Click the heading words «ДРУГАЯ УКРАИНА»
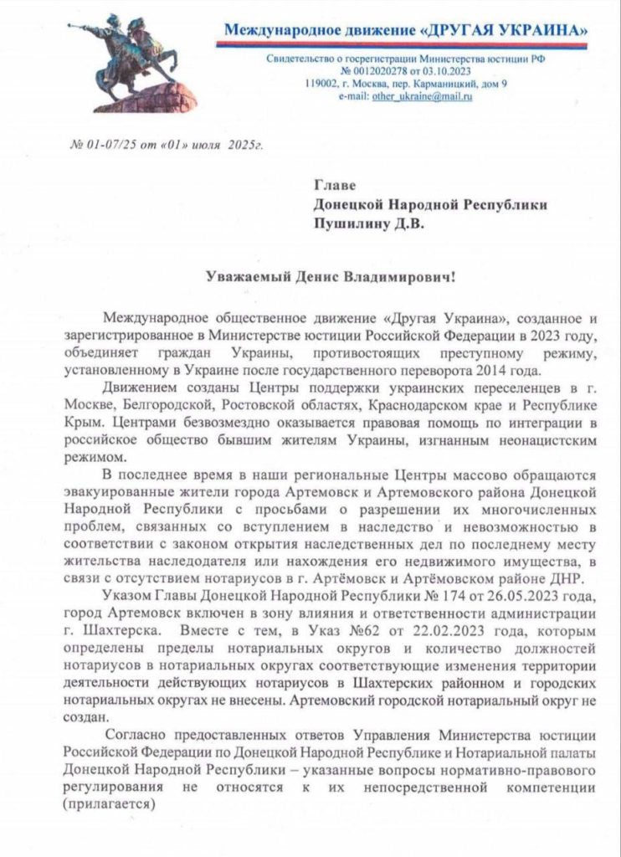click(506, 31)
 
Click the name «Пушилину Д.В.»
click(369, 223)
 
